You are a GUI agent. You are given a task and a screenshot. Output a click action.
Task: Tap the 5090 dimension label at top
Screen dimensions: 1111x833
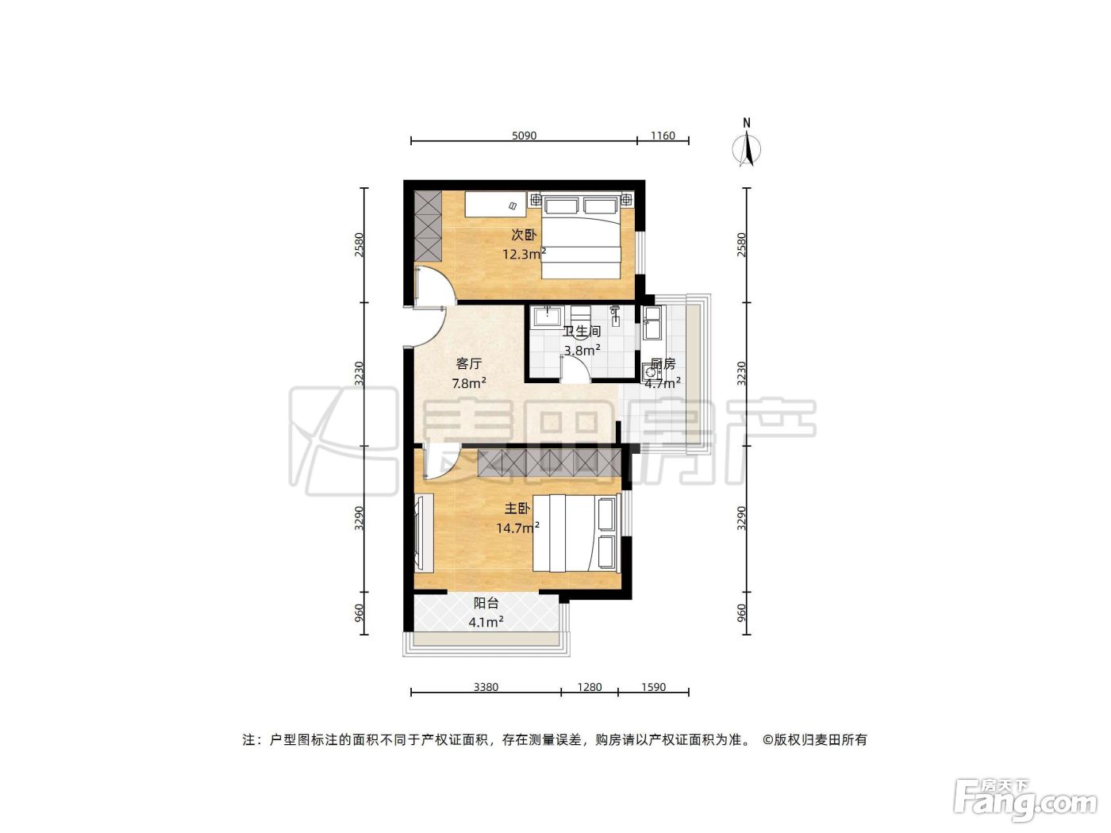pyautogui.click(x=524, y=136)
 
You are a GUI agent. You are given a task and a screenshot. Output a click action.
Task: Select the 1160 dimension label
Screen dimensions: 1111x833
pyautogui.click(x=663, y=136)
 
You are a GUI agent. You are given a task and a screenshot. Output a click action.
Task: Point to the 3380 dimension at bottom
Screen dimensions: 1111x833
pyautogui.click(x=486, y=687)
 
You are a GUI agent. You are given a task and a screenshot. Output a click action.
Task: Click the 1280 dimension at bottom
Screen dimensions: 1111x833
pyautogui.click(x=590, y=687)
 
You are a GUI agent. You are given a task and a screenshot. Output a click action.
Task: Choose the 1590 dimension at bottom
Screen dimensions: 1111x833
pyautogui.click(x=653, y=687)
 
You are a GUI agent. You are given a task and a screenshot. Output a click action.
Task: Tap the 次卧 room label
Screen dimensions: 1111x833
pyautogui.click(x=523, y=235)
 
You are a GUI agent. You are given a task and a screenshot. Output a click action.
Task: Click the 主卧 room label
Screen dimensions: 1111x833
pyautogui.click(x=517, y=508)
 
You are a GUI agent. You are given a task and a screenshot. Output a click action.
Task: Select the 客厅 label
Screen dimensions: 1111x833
pyautogui.click(x=469, y=363)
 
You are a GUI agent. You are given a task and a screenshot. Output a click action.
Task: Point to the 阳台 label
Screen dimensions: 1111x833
pyautogui.click(x=486, y=603)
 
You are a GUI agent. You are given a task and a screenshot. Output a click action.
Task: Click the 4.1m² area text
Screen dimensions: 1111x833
pyautogui.click(x=486, y=622)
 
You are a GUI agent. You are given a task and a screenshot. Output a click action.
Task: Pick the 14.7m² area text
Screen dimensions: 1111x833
pyautogui.click(x=517, y=528)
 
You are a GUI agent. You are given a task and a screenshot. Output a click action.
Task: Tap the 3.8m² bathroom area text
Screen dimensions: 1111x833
pyautogui.click(x=582, y=350)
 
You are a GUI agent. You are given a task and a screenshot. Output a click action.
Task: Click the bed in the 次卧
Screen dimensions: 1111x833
pyautogui.click(x=581, y=236)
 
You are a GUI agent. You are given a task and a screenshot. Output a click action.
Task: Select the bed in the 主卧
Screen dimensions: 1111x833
pyautogui.click(x=576, y=533)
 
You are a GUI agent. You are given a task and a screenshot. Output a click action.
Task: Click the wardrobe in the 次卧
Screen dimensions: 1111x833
pyautogui.click(x=429, y=227)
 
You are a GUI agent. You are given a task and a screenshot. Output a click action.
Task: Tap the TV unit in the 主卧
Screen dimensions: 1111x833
pyautogui.click(x=424, y=533)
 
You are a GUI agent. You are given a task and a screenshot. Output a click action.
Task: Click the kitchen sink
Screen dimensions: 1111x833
pyautogui.click(x=653, y=323)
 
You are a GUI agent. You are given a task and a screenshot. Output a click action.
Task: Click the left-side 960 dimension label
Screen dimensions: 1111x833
pyautogui.click(x=359, y=613)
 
